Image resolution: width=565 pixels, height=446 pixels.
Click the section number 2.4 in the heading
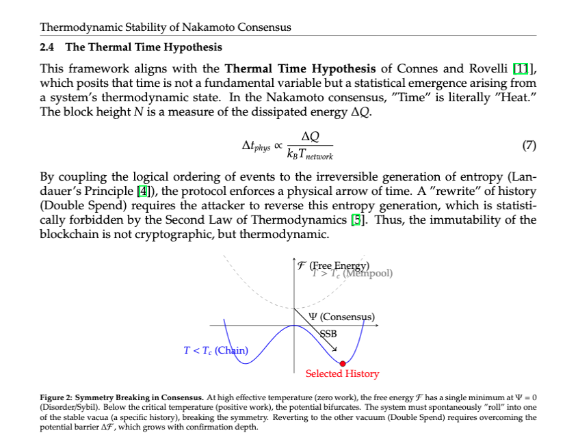click(49, 47)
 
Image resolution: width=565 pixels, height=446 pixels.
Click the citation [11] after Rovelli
click(525, 69)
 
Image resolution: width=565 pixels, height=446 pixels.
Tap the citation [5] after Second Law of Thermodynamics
click(356, 220)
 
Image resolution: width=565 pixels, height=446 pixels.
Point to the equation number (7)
click(529, 145)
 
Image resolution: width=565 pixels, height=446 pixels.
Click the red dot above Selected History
click(343, 363)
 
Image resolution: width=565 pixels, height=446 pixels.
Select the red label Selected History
click(342, 374)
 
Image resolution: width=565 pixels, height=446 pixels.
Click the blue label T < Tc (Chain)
click(215, 351)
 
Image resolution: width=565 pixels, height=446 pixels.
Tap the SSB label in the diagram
click(329, 334)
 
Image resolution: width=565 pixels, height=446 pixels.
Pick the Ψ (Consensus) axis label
click(342, 317)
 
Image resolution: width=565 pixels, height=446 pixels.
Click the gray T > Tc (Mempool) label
click(352, 273)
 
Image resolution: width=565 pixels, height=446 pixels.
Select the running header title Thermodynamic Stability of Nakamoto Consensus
click(166, 27)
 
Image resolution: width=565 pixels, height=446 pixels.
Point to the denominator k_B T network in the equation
click(310, 155)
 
